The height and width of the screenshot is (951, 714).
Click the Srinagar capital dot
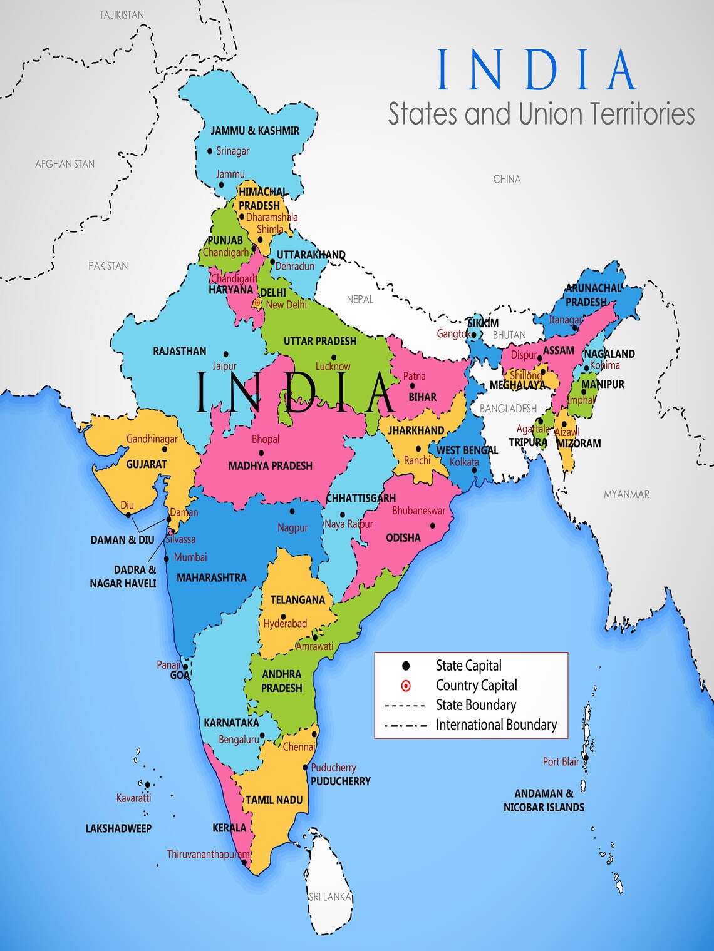pyautogui.click(x=210, y=151)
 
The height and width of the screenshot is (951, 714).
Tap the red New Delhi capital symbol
pyautogui.click(x=257, y=303)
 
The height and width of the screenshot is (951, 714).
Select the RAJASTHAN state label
pyautogui.click(x=179, y=351)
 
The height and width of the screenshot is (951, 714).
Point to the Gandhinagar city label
pyautogui.click(x=152, y=439)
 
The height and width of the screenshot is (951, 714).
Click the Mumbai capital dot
pyautogui.click(x=167, y=559)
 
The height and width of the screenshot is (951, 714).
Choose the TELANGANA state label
pyautogui.click(x=297, y=599)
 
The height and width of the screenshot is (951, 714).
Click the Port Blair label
pyautogui.click(x=561, y=761)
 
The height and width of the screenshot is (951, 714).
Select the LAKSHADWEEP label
pyautogui.click(x=118, y=828)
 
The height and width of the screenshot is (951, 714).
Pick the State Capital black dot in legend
pyautogui.click(x=406, y=666)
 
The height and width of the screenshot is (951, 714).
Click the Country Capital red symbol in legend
pyautogui.click(x=406, y=686)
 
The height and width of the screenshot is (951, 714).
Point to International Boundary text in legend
pyautogui.click(x=496, y=725)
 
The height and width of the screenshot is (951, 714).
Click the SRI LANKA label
pyautogui.click(x=330, y=897)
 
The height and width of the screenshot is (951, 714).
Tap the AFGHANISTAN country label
pyautogui.click(x=65, y=164)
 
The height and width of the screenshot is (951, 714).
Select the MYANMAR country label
pyautogui.click(x=626, y=494)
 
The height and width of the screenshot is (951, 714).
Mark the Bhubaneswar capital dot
pyautogui.click(x=432, y=526)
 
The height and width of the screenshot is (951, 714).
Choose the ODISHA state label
pyautogui.click(x=403, y=537)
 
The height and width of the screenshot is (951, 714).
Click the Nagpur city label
pyautogui.click(x=292, y=527)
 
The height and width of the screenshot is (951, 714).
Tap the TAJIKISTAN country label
pyautogui.click(x=122, y=14)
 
